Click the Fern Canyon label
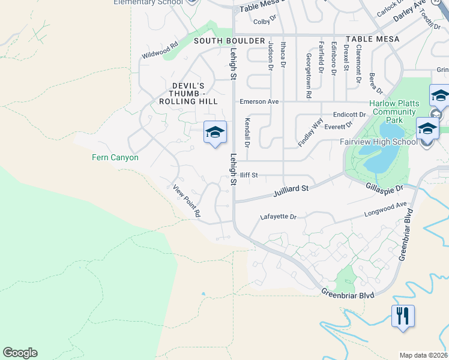115,158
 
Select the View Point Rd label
187,200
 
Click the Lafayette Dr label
279,217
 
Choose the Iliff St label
249,175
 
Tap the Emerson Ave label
259,101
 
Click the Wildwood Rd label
160,50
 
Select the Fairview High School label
378,142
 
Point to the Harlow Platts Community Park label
394,112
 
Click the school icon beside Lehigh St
215,131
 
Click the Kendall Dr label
247,133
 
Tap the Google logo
20,353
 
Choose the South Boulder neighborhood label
229,40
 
